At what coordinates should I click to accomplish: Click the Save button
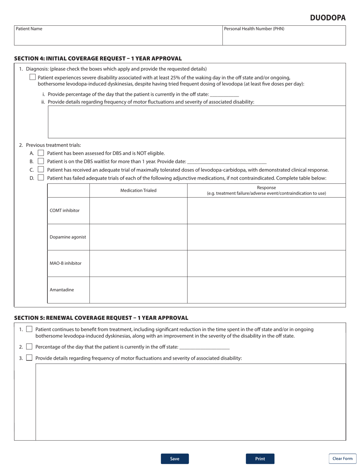tap(175, 458)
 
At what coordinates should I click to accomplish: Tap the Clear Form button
tap(342, 458)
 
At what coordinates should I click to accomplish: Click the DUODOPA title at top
tap(327, 18)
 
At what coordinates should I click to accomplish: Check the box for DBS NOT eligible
tap(41, 153)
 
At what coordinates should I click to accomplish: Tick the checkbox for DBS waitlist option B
tap(41, 161)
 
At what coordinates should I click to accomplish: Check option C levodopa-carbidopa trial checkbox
tap(41, 170)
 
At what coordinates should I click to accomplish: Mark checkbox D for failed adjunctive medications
tap(41, 178)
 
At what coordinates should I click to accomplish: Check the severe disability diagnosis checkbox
tap(33, 77)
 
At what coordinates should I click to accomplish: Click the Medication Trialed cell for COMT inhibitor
tap(138, 211)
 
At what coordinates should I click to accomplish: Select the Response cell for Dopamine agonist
tap(266, 237)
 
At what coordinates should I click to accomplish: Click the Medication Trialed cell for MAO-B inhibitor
tap(138, 263)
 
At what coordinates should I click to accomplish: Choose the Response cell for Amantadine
tap(266, 290)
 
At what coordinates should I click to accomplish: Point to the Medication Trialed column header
tap(138, 191)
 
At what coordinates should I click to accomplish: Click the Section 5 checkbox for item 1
tap(29, 330)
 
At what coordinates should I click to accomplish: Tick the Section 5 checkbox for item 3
tap(29, 358)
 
